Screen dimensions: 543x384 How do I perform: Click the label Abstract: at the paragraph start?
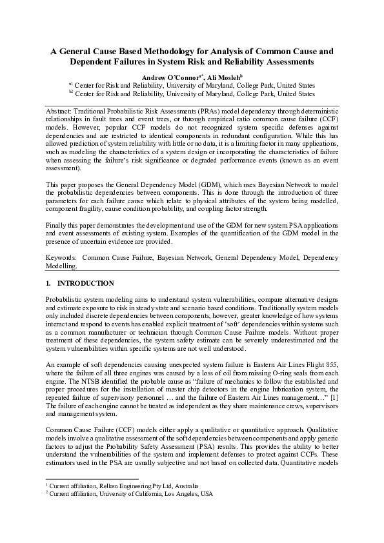(x=61, y=112)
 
